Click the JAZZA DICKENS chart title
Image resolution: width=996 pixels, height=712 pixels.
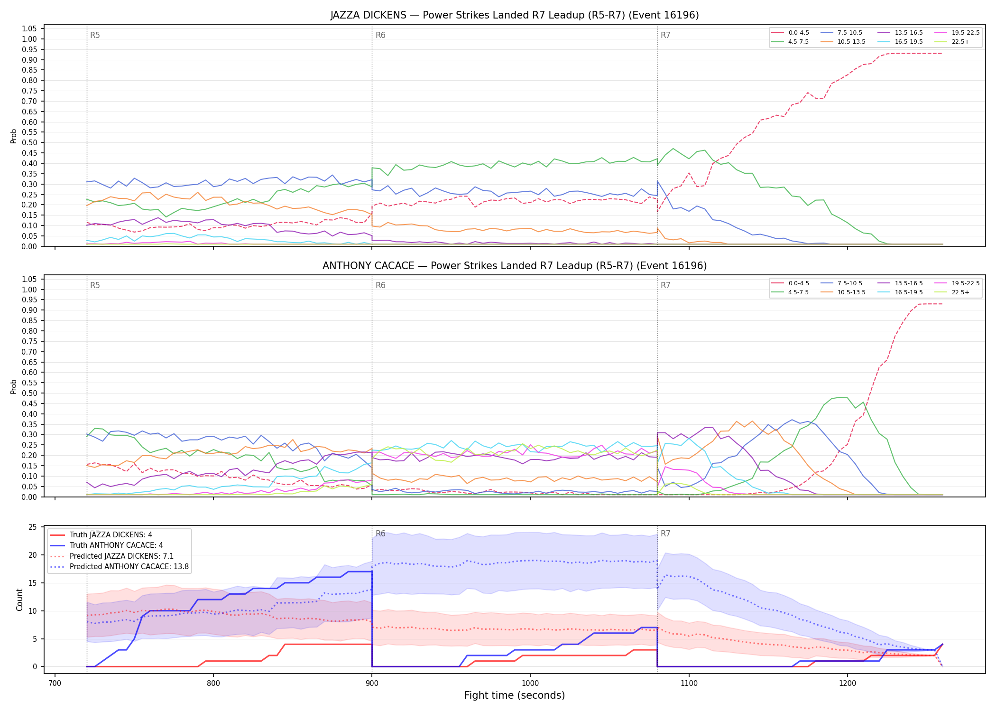(x=515, y=15)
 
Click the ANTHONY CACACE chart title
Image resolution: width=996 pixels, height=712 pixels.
(x=515, y=266)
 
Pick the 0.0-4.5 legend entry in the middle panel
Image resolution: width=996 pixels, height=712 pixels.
(x=790, y=283)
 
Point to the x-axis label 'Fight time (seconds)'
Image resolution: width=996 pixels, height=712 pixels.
(x=515, y=695)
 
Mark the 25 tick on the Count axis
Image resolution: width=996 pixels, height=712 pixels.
(x=33, y=527)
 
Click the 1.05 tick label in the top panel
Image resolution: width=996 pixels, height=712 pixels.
(x=29, y=29)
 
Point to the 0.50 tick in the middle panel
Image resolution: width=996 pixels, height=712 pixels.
(x=29, y=393)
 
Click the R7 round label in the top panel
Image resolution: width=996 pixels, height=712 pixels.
(x=665, y=36)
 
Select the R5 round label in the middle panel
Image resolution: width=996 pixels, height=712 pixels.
(x=95, y=286)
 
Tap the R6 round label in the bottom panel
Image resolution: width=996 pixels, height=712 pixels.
(x=380, y=534)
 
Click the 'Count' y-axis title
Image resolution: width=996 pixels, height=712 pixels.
(x=19, y=600)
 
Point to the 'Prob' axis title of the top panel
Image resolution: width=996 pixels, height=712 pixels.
(x=14, y=136)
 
